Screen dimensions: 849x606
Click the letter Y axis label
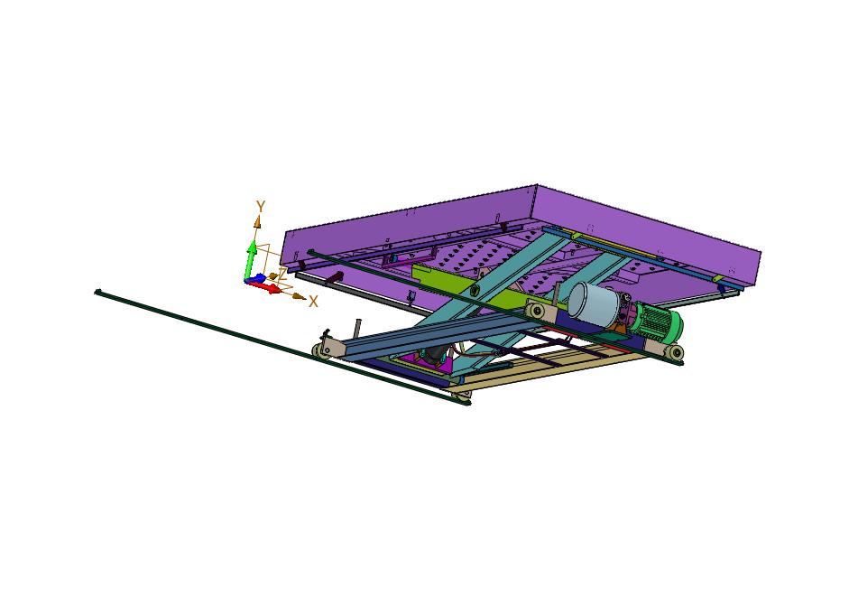click(261, 207)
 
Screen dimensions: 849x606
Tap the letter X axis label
click(313, 302)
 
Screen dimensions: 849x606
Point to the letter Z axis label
click(282, 274)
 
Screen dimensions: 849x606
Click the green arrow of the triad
click(251, 259)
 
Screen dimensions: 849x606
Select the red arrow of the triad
click(267, 286)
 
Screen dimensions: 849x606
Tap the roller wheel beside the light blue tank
click(537, 312)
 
